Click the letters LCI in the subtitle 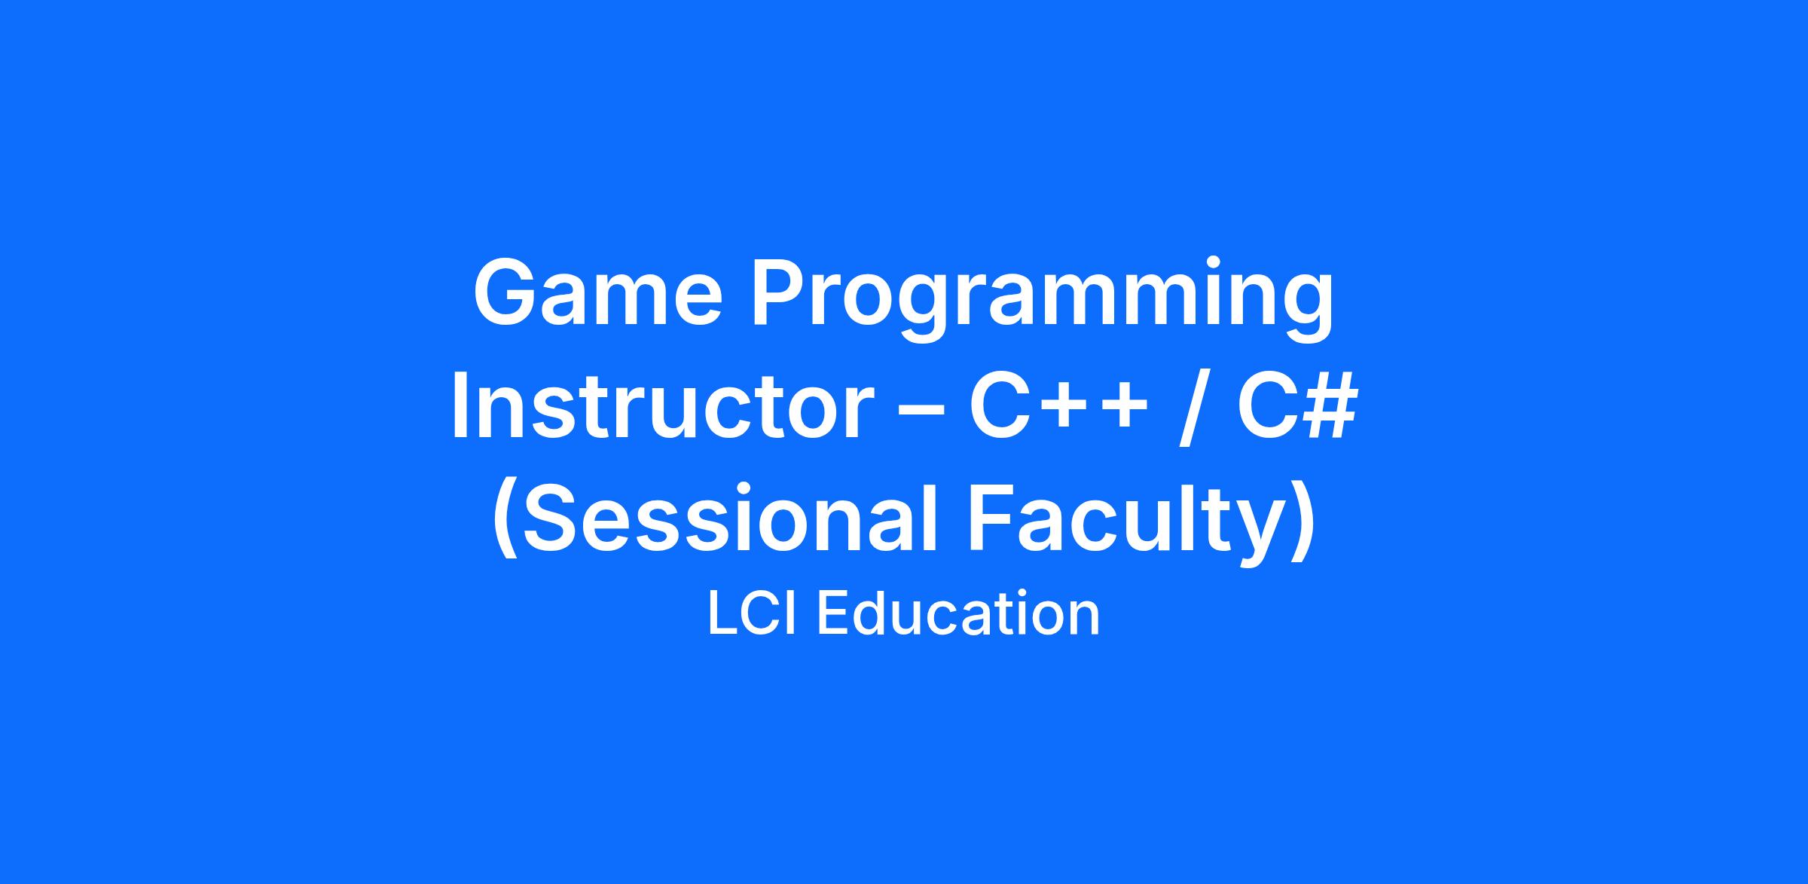(754, 614)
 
